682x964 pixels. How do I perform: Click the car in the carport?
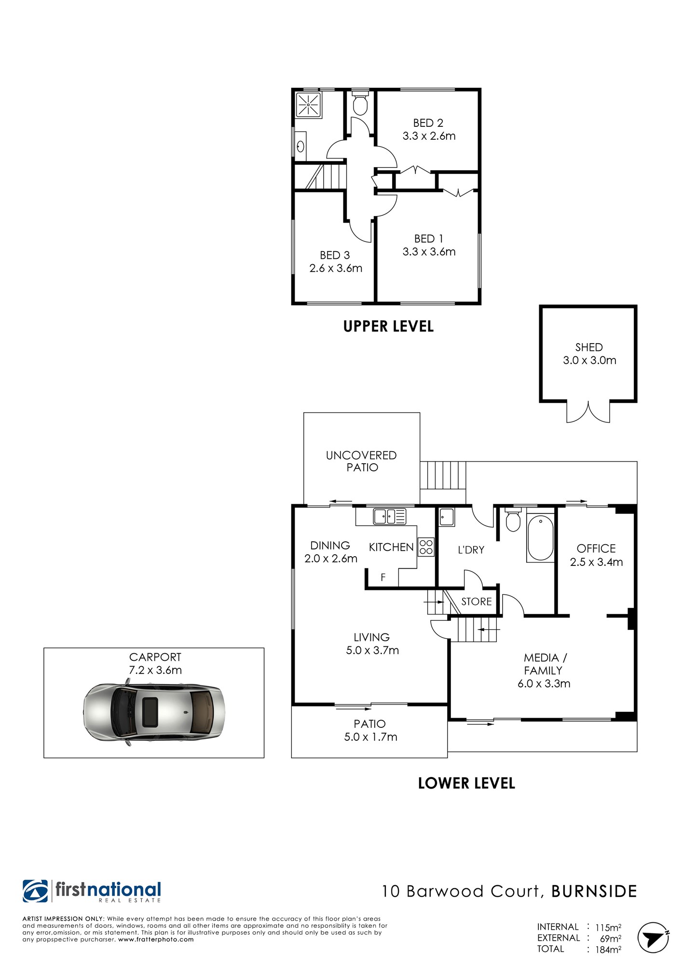coord(154,712)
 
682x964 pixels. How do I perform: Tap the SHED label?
coord(589,347)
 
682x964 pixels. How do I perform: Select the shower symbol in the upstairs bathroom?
coord(308,105)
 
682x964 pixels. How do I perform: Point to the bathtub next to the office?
coord(541,537)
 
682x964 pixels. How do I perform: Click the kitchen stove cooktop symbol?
coord(426,547)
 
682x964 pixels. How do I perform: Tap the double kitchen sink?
coord(390,516)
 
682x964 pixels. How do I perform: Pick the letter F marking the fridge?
coord(383,577)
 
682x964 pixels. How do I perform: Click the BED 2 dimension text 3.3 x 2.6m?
coord(429,136)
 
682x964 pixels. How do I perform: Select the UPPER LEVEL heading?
coord(388,326)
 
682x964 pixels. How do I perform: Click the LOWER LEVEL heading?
coord(466,783)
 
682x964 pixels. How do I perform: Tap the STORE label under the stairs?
coord(477,602)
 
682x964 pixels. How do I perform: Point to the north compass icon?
coord(653,937)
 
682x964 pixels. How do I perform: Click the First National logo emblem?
coord(35,891)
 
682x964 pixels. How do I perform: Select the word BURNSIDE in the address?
coord(594,891)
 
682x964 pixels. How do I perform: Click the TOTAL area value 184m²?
coord(608,950)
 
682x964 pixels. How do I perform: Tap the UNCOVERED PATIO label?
coord(361,461)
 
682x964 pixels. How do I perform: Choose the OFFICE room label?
coord(596,549)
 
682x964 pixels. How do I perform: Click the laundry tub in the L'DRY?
coord(447,517)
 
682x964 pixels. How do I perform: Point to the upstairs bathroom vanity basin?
coord(300,146)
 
